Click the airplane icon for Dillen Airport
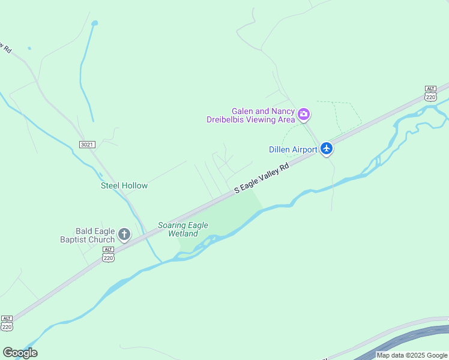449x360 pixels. [326, 148]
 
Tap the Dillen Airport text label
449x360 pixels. [293, 149]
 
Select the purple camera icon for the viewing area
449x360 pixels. [304, 113]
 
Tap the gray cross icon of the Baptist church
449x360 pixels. [124, 234]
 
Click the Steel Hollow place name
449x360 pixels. [124, 186]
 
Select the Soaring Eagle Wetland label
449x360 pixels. [183, 229]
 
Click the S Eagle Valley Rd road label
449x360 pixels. [262, 178]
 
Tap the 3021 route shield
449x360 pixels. [87, 145]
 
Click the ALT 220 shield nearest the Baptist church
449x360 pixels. [108, 254]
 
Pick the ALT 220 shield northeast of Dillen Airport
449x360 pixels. [430, 92]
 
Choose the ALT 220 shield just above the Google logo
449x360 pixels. [7, 323]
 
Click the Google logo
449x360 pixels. [20, 353]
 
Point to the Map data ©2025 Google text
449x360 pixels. [412, 355]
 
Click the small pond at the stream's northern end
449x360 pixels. [94, 23]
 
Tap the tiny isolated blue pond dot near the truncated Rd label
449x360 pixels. [29, 48]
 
